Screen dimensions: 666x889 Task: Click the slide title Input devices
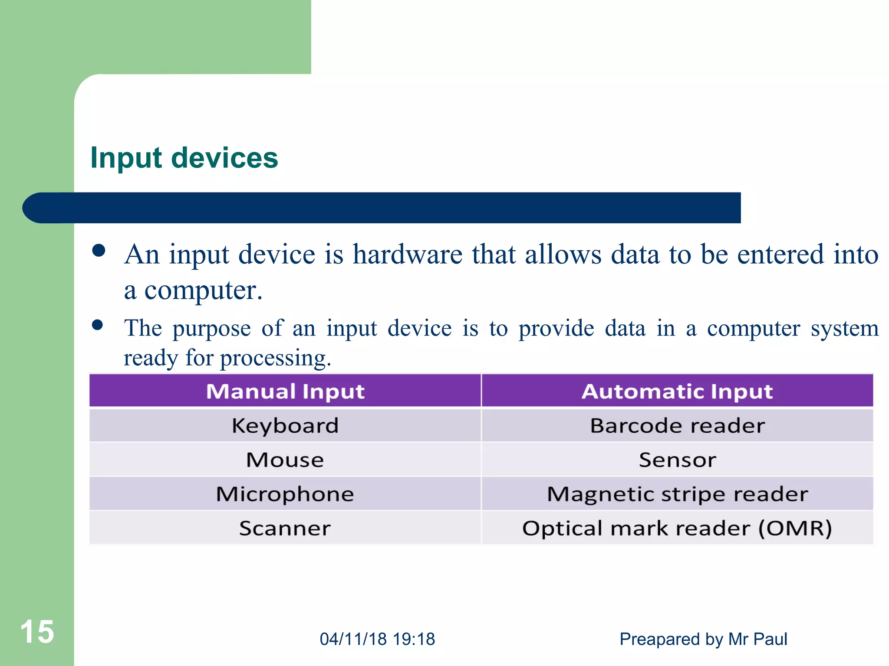pos(184,158)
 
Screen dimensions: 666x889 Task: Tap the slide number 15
pos(37,632)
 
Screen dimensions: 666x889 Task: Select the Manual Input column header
pos(285,391)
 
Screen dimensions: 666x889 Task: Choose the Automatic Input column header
pos(677,391)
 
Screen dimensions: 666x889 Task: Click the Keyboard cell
pos(285,425)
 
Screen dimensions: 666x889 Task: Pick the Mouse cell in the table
pos(285,460)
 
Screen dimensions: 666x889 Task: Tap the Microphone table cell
pos(285,494)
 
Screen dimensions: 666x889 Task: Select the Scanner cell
pos(285,528)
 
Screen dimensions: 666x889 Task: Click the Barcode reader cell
pos(677,425)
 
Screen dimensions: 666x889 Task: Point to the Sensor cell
pos(677,460)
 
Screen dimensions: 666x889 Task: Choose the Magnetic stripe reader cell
pos(677,494)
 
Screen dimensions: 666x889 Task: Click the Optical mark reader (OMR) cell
pos(677,528)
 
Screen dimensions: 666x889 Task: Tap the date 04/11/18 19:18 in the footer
pos(377,639)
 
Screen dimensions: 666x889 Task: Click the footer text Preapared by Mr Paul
pos(703,639)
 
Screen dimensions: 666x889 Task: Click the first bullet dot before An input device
pos(99,251)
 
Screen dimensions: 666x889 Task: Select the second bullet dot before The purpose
pos(98,325)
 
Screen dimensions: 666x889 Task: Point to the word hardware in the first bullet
pos(407,254)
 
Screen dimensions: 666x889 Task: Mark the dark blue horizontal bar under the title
pos(382,208)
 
